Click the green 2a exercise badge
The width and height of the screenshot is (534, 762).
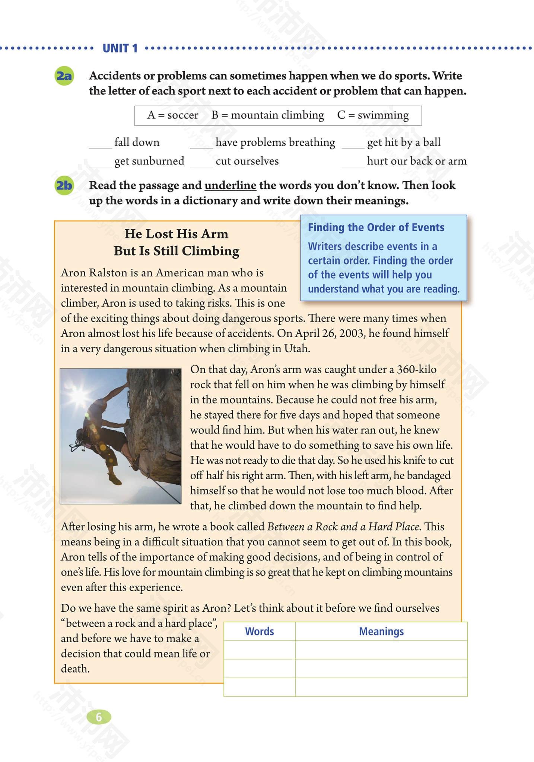click(x=64, y=76)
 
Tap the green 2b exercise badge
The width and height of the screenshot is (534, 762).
click(x=64, y=185)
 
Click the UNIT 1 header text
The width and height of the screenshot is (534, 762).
click(x=120, y=48)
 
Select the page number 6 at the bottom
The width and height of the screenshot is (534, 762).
click(x=99, y=717)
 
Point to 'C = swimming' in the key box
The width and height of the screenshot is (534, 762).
click(x=373, y=115)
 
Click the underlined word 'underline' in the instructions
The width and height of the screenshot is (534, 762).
click(x=231, y=185)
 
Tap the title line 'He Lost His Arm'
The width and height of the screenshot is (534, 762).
click(x=176, y=234)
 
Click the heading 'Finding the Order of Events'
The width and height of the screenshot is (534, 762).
click(x=376, y=227)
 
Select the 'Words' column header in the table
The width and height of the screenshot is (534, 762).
click(x=259, y=631)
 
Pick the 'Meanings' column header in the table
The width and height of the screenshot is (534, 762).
click(x=381, y=631)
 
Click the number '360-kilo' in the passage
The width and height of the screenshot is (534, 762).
click(x=417, y=369)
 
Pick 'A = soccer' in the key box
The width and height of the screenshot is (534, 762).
click(x=173, y=115)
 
